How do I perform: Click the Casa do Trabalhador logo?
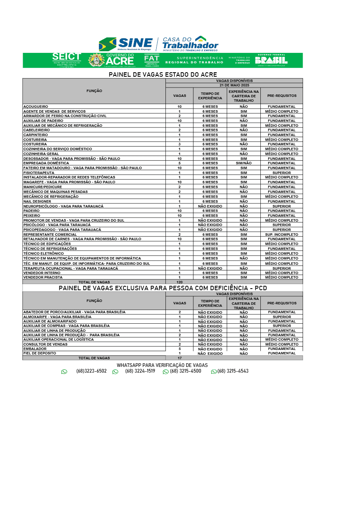[190, 44]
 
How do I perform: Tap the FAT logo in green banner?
[151, 60]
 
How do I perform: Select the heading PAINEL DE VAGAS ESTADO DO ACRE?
[163, 75]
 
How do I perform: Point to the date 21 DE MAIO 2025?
[234, 85]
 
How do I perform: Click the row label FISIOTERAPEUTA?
[39, 173]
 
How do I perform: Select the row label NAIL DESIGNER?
[37, 201]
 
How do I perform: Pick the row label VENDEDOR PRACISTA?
[43, 277]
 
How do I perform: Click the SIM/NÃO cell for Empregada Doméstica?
[243, 163]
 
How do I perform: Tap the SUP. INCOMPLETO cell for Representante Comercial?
[281, 235]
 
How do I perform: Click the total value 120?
[180, 282]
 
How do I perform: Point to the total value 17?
[180, 358]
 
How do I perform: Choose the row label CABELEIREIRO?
[37, 130]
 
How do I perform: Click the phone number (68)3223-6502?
[91, 371]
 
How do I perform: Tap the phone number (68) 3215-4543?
[233, 371]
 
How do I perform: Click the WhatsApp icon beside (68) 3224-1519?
[115, 372]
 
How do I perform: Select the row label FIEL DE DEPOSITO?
[40, 353]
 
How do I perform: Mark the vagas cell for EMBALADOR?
[180, 349]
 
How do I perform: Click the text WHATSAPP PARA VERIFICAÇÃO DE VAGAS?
[162, 365]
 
